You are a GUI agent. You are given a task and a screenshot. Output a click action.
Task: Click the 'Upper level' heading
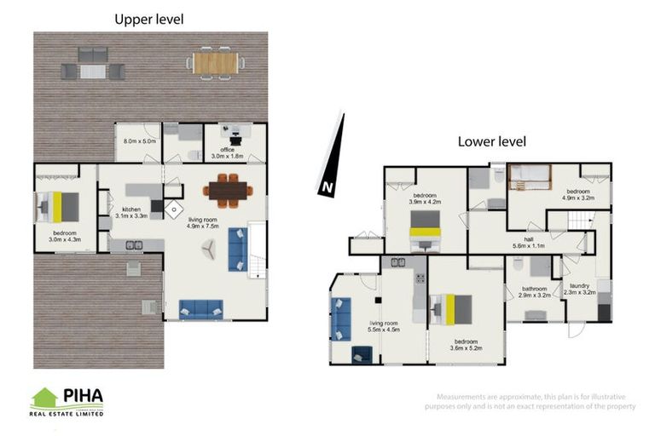[x=149, y=18]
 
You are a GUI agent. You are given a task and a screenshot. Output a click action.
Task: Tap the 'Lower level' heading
[x=492, y=141]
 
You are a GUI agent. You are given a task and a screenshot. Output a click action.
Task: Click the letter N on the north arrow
[x=326, y=187]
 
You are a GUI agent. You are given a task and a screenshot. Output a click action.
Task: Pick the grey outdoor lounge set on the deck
[x=93, y=63]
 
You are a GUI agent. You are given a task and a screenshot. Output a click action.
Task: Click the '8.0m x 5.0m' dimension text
[x=140, y=141]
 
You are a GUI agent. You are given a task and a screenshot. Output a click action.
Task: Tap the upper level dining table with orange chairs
[x=226, y=191]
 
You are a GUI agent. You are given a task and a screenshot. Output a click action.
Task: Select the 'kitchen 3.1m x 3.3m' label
[x=131, y=213]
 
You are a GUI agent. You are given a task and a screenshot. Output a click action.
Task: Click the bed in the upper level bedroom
[x=57, y=206]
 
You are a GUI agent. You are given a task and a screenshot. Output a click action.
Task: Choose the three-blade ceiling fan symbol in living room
[x=208, y=246]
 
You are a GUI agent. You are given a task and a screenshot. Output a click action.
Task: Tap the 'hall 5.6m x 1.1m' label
[x=529, y=243]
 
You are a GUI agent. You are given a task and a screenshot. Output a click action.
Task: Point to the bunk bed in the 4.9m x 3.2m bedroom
[x=530, y=177]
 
